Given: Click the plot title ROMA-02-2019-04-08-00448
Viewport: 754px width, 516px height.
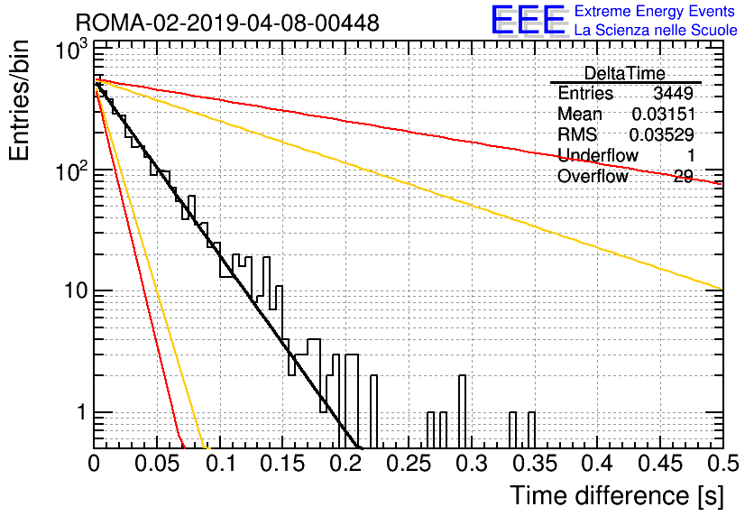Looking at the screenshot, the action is (227, 23).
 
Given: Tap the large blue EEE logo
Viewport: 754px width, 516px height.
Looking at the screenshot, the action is (528, 20).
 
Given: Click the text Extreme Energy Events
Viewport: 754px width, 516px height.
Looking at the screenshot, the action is (655, 11).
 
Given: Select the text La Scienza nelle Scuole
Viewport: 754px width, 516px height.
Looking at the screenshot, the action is (656, 30).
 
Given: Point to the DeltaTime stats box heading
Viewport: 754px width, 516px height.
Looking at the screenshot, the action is (624, 73).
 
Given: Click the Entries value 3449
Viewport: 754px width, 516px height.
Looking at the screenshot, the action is (673, 93).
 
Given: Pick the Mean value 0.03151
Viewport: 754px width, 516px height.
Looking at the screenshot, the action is (663, 114).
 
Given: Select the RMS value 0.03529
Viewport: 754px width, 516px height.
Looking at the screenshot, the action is (662, 134).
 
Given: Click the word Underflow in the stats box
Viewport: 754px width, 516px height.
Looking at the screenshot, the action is (598, 155).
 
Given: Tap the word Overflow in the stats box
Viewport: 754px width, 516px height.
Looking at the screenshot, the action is (593, 176).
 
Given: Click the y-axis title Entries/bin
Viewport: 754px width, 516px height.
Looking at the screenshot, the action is (20, 100).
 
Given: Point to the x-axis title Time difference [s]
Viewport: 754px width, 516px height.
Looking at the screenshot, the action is (617, 495).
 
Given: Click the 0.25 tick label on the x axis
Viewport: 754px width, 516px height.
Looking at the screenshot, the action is (409, 464).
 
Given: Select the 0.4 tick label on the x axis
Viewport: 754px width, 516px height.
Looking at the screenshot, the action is (598, 464).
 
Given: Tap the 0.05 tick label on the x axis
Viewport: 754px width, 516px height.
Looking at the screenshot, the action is (157, 464).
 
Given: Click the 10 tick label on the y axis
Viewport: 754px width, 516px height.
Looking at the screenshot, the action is (76, 291).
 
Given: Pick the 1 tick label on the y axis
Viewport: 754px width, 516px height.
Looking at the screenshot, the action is (81, 412).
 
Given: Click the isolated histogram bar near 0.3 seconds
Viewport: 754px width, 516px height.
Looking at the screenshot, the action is (462, 411).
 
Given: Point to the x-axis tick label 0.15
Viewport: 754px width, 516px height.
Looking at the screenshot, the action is (283, 464).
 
